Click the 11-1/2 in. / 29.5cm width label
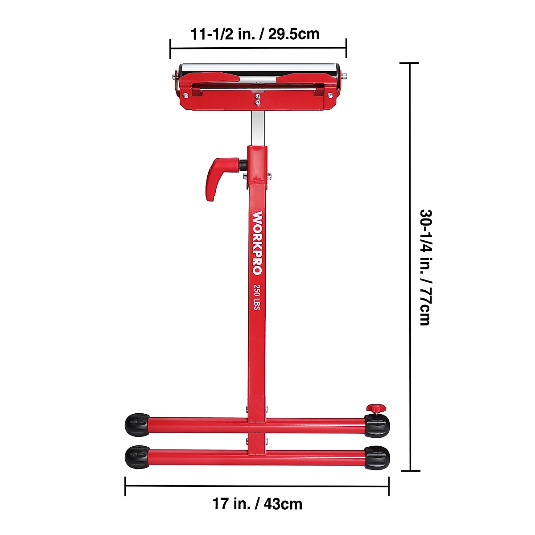[255, 34]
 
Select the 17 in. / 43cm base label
[257, 504]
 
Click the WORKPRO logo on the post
[258, 243]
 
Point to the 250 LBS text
[257, 297]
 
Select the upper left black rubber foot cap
[137, 425]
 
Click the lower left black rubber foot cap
[137, 457]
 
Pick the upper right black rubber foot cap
[377, 425]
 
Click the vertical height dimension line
[410, 267]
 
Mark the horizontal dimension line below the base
[257, 486]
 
